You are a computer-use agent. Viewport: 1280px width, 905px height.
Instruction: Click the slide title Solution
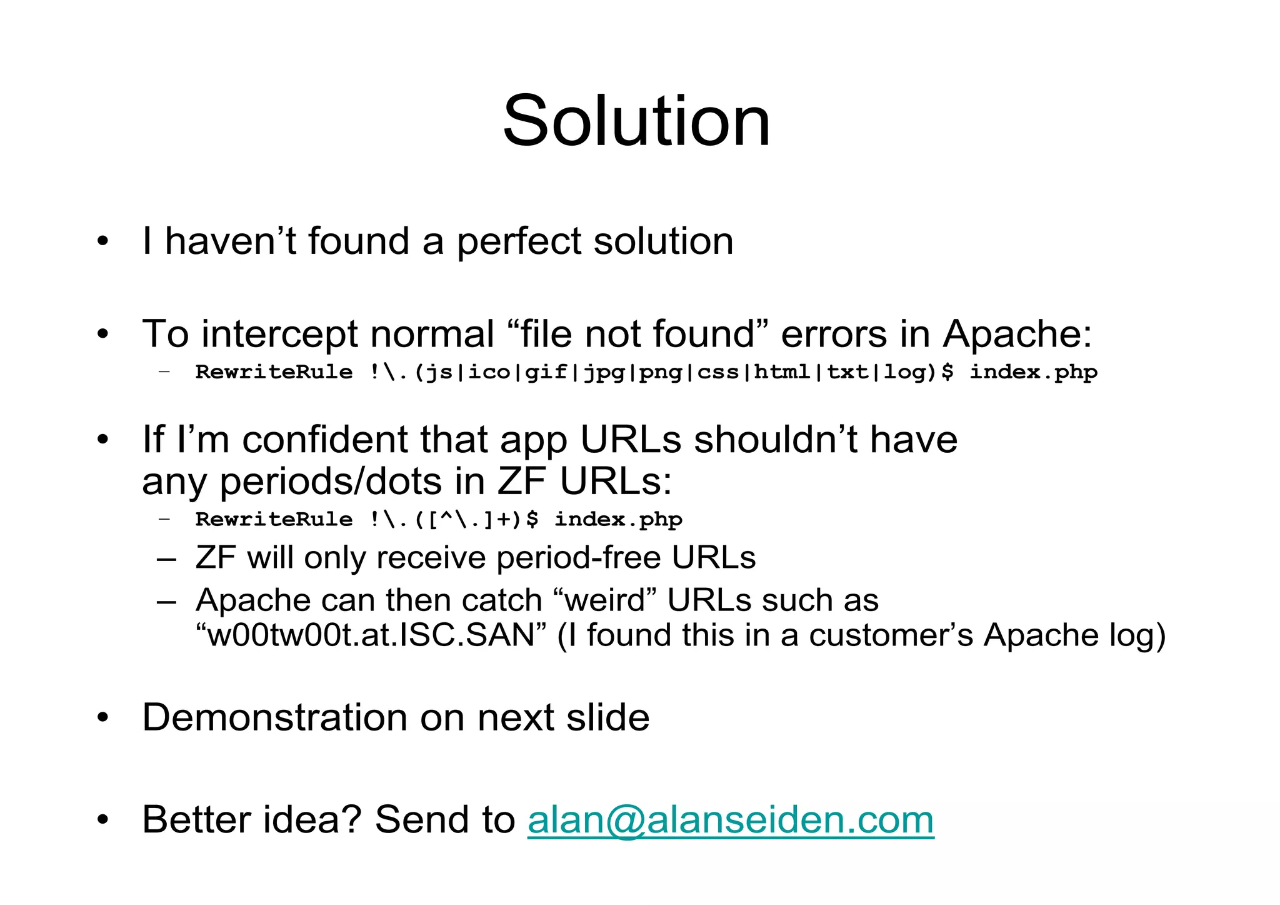(x=636, y=121)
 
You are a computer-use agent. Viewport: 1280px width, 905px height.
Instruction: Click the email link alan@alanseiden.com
(x=730, y=819)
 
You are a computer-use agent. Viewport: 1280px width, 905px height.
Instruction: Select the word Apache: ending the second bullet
(x=1017, y=335)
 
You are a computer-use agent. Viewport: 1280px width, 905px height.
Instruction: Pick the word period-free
(x=578, y=558)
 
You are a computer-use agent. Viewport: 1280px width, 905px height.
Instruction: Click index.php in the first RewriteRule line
(x=1032, y=372)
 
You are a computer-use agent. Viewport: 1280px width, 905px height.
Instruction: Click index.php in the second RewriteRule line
(x=618, y=520)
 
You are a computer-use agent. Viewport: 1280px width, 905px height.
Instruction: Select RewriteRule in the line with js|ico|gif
(x=274, y=372)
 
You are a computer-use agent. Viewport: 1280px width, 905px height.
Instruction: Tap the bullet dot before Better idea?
(x=103, y=819)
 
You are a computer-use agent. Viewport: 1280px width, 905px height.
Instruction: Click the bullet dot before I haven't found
(x=103, y=241)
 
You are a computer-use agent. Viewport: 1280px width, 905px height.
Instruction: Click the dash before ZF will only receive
(x=166, y=558)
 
